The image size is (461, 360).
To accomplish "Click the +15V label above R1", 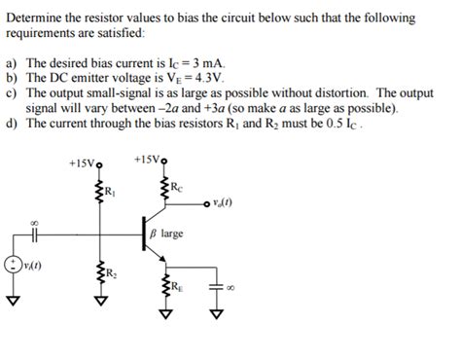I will [82, 162].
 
